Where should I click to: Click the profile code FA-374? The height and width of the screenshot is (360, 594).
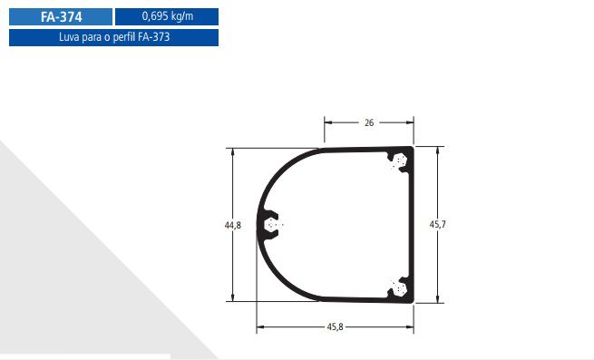tap(62, 17)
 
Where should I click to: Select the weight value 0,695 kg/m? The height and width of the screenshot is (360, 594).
tap(168, 16)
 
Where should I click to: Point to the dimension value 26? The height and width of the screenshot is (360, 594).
tap(369, 122)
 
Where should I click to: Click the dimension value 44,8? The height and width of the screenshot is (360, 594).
tap(232, 225)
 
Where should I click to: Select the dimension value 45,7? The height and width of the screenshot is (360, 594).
tap(437, 224)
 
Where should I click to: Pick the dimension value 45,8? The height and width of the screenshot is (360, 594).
tap(335, 326)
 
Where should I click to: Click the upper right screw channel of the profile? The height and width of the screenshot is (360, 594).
tap(398, 161)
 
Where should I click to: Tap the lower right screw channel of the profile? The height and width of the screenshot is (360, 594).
tap(398, 288)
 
